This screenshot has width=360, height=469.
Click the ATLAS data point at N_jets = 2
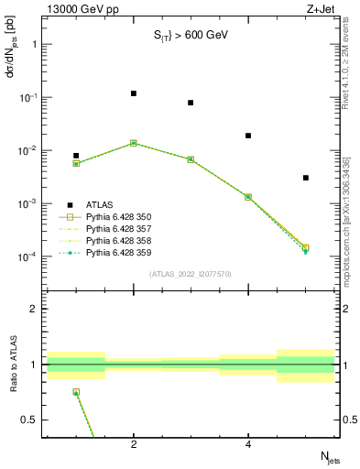pyautogui.click(x=134, y=93)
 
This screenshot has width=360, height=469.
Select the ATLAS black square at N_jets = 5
pyautogui.click(x=305, y=178)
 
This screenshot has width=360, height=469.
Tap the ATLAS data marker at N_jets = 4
pyautogui.click(x=248, y=136)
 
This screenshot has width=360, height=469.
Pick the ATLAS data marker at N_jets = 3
pyautogui.click(x=191, y=103)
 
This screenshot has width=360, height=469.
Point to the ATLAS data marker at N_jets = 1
pyautogui.click(x=76, y=156)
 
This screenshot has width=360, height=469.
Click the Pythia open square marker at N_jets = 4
pyautogui.click(x=248, y=197)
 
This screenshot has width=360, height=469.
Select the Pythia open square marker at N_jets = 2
pyautogui.click(x=134, y=143)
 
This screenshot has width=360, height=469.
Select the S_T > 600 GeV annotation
pyautogui.click(x=190, y=36)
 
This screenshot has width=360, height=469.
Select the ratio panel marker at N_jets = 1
pyautogui.click(x=76, y=392)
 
